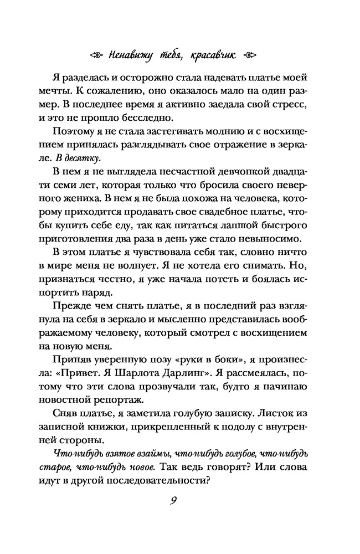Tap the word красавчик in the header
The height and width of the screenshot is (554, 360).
215,55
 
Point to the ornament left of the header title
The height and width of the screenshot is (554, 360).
97,55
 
